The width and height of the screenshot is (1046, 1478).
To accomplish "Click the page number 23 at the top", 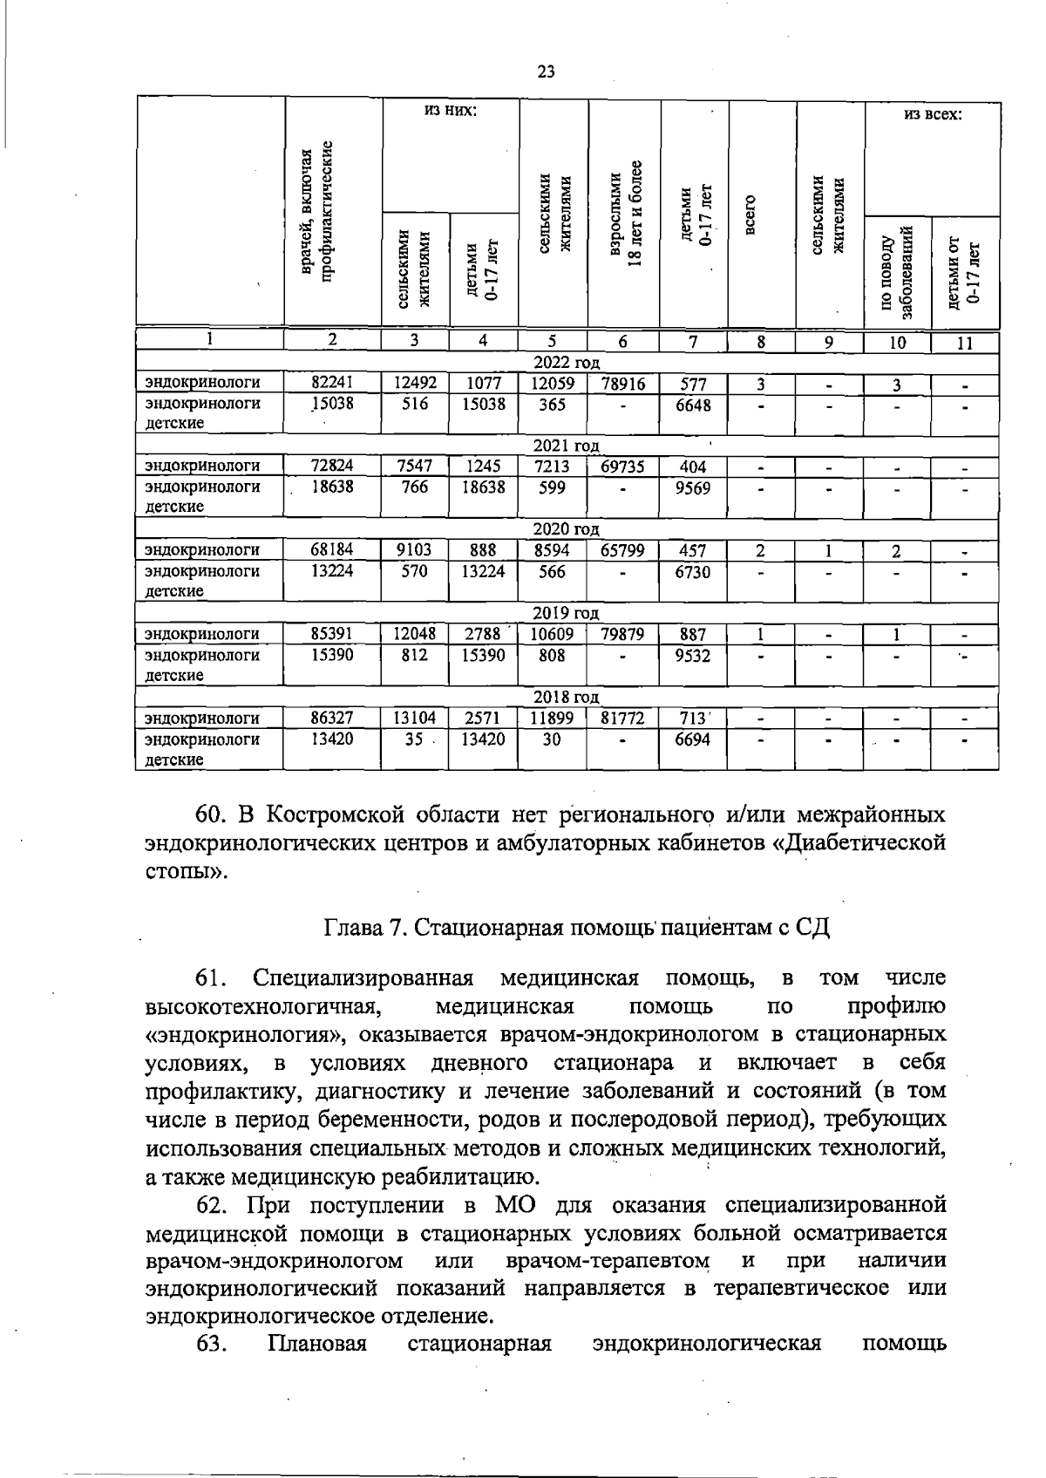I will (x=547, y=72).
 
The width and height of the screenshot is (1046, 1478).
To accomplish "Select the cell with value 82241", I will (x=332, y=383).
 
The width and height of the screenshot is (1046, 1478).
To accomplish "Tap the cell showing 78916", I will (x=622, y=384).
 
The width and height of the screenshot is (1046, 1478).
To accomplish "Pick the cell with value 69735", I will (x=622, y=467).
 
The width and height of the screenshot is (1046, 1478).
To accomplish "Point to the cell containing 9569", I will (x=692, y=488).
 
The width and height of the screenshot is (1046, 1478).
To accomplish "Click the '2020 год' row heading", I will (x=567, y=530).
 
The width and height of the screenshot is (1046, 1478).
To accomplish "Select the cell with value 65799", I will (x=622, y=551).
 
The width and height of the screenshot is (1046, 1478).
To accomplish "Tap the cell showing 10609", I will (x=552, y=635).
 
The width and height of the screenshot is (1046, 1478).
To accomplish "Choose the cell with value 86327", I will (x=332, y=719).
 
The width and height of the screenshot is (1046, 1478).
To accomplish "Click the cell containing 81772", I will (x=622, y=719).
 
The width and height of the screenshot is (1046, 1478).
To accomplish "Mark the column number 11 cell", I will (x=964, y=344).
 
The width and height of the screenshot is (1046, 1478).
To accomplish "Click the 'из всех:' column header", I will (x=932, y=114).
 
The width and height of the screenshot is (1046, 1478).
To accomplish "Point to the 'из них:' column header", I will (x=451, y=111).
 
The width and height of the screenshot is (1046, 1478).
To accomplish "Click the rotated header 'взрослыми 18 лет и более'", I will (x=625, y=215).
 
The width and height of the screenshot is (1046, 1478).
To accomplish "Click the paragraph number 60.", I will (x=212, y=815).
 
